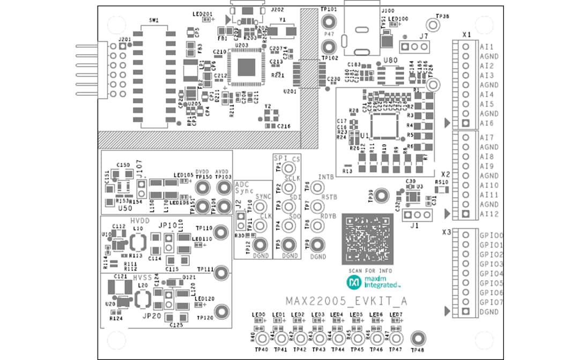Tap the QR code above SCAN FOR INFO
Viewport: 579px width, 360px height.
pos(367,239)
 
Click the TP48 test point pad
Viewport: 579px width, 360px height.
pos(418,338)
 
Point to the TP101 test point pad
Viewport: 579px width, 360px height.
pos(328,21)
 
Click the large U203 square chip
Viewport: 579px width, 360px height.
pos(247,66)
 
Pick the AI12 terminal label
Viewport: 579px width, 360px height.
pos(489,214)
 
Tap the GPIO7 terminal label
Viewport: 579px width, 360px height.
pos(491,302)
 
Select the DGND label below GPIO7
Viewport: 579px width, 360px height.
pos(489,312)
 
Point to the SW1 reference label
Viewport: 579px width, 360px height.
pos(154,20)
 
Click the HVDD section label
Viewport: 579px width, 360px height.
pos(140,221)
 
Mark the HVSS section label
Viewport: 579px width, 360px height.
pos(143,277)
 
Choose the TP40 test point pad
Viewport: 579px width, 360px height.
pos(262,339)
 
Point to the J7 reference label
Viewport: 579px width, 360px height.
pos(424,37)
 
